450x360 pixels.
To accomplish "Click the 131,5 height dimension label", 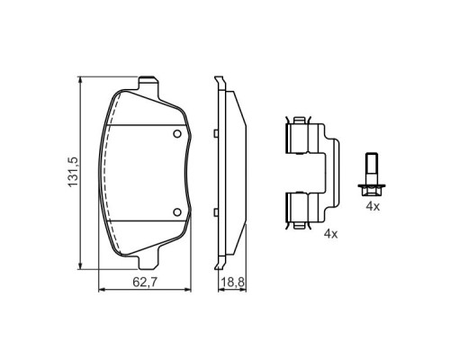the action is (x=73, y=172).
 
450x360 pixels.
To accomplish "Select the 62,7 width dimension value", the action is (x=145, y=283).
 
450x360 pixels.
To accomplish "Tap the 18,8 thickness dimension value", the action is (x=233, y=283).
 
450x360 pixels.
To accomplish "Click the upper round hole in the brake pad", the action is (x=177, y=134).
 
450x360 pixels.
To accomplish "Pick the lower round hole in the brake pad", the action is (x=177, y=212).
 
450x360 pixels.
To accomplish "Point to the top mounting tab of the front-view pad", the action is (x=148, y=83).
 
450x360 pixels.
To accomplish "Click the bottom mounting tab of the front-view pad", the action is (x=148, y=262).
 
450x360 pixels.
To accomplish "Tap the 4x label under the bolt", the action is (x=373, y=206).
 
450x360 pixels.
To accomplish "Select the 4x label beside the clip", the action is (x=330, y=234).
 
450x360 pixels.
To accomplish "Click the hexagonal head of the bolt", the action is (x=372, y=190).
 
